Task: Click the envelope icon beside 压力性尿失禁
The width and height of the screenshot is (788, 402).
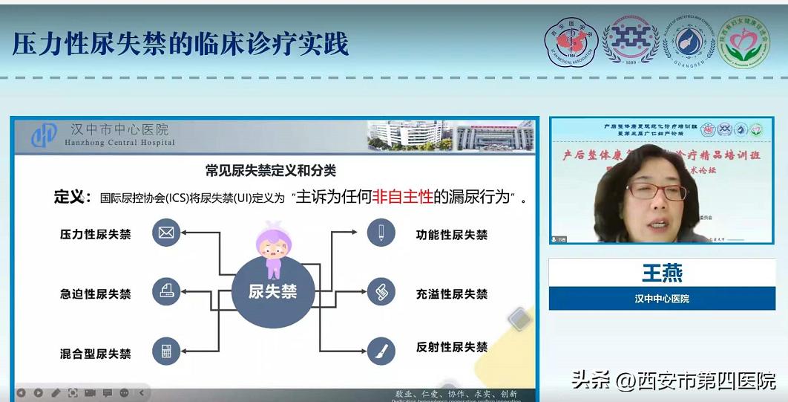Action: pos(166,233)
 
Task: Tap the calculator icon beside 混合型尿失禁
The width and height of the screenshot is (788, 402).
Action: pos(166,351)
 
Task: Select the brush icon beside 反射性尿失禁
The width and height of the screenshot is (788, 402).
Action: pos(381,348)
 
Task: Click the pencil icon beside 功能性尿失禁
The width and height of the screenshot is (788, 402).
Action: pos(381,233)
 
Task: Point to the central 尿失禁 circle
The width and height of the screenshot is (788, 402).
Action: pos(272,292)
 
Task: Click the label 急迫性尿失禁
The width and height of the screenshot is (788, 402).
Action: pos(95,294)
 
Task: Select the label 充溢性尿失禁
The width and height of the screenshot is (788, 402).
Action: pos(452,294)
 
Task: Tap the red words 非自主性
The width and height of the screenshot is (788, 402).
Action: pos(401,197)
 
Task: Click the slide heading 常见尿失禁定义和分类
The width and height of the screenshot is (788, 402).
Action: pos(271,170)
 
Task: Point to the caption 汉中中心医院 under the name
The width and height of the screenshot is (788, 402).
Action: pos(662,298)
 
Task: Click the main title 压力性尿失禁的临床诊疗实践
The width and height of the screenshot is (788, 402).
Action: pos(180,44)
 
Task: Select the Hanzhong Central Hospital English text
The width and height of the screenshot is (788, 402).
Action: pos(119,143)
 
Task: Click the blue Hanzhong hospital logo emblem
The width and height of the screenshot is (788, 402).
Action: pos(45,134)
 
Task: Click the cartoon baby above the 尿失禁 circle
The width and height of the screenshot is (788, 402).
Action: pos(272,247)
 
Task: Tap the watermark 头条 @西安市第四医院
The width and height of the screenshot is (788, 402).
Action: pos(674,380)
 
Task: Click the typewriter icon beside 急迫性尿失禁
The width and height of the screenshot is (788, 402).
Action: pos(166,292)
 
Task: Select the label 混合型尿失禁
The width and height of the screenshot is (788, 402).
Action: pos(95,353)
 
